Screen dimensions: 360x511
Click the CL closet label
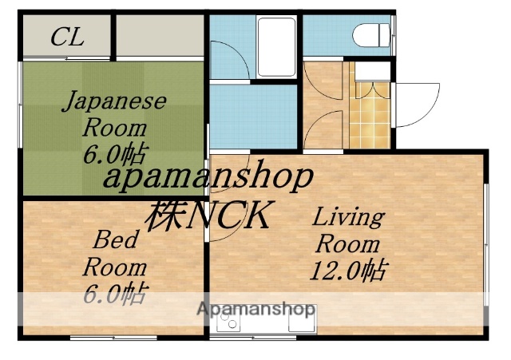pos(67,37)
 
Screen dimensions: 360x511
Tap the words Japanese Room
pos(114,114)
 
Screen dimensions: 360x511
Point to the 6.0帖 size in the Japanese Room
pos(115,152)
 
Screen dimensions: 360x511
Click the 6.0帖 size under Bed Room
pos(114,294)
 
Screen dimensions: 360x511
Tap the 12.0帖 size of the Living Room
pos(347,271)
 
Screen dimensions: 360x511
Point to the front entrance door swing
pos(415,104)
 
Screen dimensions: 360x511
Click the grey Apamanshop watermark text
pos(255,310)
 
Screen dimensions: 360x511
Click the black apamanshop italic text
pos(207,177)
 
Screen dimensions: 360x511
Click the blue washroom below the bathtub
pos(253,116)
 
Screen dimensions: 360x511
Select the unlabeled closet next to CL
pos(160,37)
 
